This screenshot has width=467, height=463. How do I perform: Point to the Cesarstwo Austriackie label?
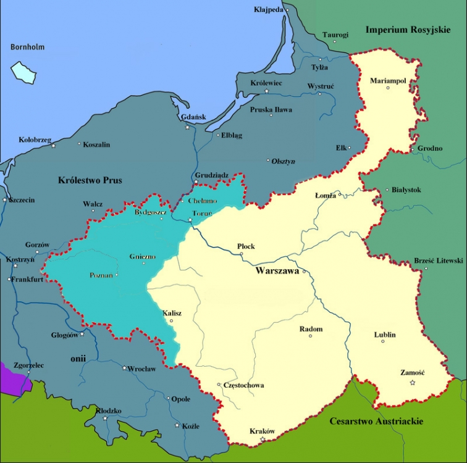point(376,421)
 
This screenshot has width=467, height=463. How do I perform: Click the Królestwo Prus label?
point(90,180)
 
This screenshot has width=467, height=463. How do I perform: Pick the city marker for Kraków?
point(263,440)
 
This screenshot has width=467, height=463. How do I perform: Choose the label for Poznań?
point(101,275)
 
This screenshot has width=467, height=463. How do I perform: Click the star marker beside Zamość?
point(412,383)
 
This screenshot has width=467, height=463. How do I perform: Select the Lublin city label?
point(385,335)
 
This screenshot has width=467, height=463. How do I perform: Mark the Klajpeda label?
point(269,10)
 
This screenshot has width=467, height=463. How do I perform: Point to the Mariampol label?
point(388,80)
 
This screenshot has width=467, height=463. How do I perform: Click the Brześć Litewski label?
point(438,261)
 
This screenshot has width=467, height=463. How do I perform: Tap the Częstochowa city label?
point(245,385)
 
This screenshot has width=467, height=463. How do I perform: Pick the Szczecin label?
point(22,200)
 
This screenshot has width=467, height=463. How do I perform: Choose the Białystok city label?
point(406,190)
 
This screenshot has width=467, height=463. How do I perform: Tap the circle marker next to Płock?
point(241,254)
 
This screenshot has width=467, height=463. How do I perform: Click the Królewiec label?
point(266,83)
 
